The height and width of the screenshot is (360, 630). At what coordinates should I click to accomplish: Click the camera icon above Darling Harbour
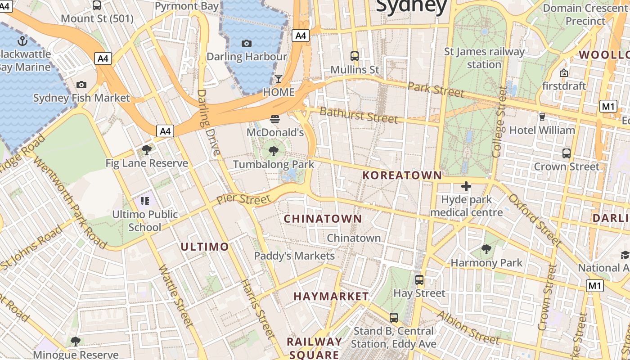point(246,43)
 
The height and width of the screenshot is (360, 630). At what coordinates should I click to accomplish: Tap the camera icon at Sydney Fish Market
point(81,85)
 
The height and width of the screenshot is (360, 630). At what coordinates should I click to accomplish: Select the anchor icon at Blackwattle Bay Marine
point(22,41)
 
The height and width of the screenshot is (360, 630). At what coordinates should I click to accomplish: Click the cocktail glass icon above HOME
point(279,79)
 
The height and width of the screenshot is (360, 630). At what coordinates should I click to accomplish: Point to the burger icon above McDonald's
point(275,119)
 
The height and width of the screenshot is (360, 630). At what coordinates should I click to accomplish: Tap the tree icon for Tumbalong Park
point(273,151)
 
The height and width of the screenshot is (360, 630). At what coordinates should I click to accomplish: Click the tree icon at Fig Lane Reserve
point(146,150)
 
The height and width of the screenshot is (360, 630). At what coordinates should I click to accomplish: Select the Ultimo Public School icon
point(144,201)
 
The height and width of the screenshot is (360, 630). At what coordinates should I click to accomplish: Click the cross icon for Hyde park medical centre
point(466,186)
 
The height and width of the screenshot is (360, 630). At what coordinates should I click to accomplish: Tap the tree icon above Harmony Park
point(486,249)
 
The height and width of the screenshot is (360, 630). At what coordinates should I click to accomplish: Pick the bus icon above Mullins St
point(355,56)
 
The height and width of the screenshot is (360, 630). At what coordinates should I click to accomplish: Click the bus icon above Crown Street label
point(567,153)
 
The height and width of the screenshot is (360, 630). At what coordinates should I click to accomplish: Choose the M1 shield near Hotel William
point(608,106)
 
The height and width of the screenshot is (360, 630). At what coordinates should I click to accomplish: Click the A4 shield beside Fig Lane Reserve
point(165,131)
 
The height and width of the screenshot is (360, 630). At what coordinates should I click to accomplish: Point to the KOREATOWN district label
point(402,175)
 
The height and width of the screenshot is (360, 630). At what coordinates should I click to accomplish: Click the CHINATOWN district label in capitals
point(323,219)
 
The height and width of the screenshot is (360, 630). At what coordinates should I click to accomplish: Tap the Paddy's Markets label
point(294,256)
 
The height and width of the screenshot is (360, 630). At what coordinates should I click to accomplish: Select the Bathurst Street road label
point(359,115)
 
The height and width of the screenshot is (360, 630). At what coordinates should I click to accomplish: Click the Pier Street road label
point(243,198)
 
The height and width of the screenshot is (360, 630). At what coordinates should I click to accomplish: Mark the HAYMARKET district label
point(331,296)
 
